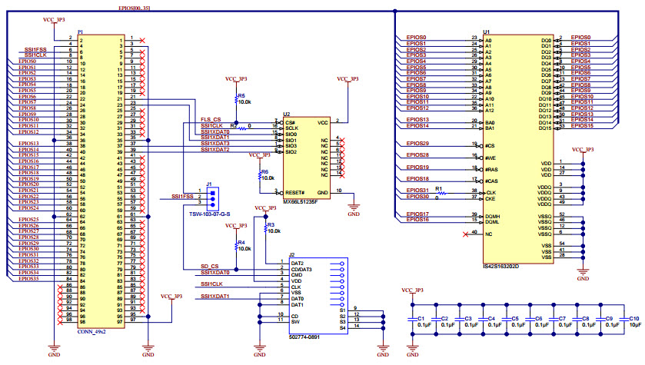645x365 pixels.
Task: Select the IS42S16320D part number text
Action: pos(500,267)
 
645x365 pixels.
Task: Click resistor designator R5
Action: pos(241,96)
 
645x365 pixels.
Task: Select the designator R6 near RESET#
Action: pos(264,171)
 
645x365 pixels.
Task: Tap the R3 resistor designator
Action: pos(270,224)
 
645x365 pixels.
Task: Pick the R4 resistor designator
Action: pos(241,243)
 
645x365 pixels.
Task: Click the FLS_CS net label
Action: pos(211,121)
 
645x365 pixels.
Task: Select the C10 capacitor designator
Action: pos(633,318)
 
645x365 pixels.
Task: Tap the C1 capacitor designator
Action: pos(421,318)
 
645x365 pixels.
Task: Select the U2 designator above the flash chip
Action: pos(286,114)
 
